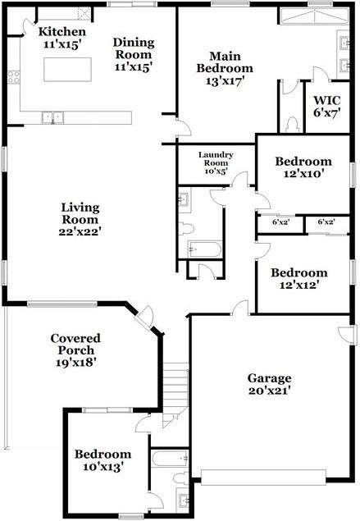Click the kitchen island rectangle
(x=67, y=70)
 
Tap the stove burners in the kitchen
(x=13, y=77)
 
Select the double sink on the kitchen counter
(x=52, y=117)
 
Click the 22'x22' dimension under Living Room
(x=80, y=231)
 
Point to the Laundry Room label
(x=216, y=159)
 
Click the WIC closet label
(x=327, y=100)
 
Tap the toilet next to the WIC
(x=293, y=125)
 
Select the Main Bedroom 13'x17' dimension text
(x=225, y=80)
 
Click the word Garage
(x=270, y=378)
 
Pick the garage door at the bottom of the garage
(x=263, y=478)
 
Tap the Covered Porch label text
(x=75, y=345)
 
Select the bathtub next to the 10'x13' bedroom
(x=171, y=458)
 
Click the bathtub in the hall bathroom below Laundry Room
(x=204, y=249)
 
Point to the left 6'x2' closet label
(x=281, y=222)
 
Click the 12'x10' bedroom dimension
(x=304, y=174)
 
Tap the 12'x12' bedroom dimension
(x=299, y=285)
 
